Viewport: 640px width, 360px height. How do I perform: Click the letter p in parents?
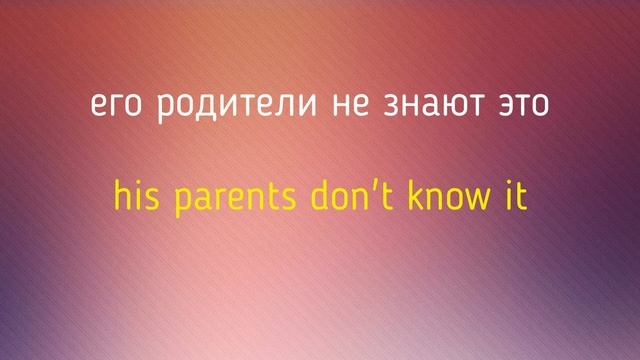(183, 200)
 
